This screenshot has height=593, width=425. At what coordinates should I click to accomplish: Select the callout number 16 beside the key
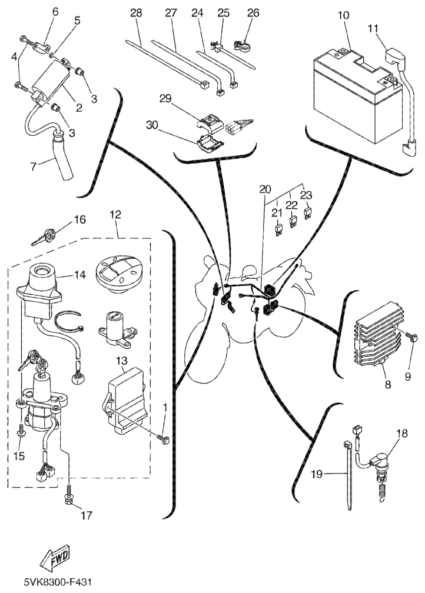click(x=79, y=220)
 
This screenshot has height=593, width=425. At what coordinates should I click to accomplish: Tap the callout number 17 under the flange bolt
click(x=87, y=515)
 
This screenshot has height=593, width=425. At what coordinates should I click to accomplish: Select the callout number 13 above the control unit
click(x=121, y=360)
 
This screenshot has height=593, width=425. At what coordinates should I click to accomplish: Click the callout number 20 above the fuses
click(x=265, y=189)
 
